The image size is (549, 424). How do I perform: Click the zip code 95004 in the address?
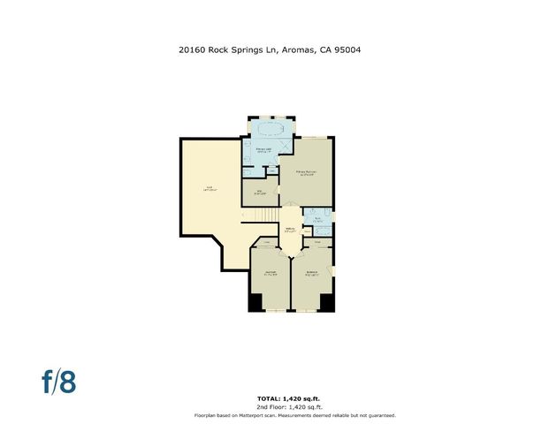[346, 50]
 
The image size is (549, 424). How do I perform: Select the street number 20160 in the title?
[194, 50]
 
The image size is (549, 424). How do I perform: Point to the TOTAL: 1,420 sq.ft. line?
[273, 398]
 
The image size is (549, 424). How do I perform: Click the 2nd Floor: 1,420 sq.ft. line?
[273, 406]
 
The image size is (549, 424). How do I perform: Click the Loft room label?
[210, 187]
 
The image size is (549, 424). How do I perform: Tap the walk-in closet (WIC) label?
[260, 193]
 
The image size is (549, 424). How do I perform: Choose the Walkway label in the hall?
[290, 231]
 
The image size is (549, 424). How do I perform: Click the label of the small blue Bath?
[317, 221]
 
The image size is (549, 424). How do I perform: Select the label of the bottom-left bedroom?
[271, 273]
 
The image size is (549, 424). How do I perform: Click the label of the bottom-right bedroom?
[311, 273]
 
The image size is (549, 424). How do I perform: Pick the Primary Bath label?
[263, 150]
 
